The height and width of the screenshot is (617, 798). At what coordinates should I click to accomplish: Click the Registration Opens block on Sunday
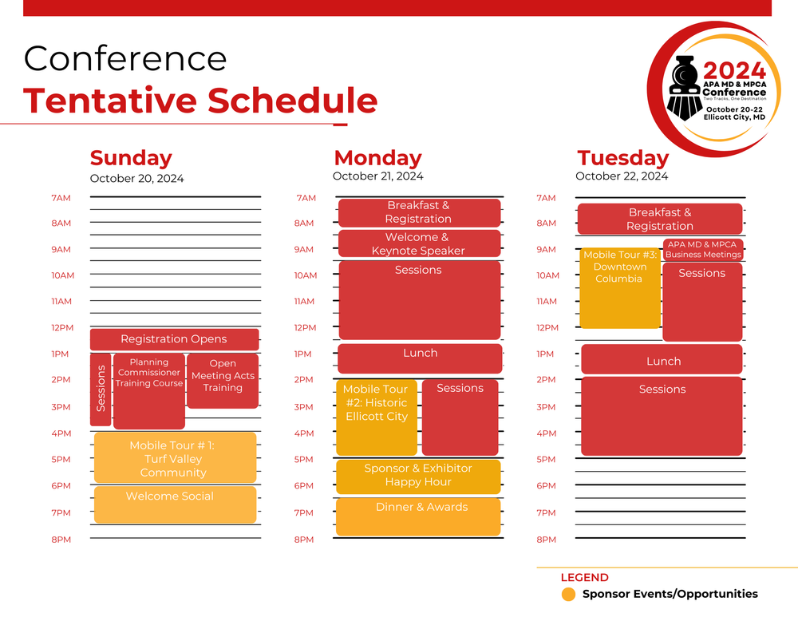pyautogui.click(x=174, y=339)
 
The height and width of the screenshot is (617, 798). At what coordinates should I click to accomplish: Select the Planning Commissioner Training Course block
pyautogui.click(x=149, y=391)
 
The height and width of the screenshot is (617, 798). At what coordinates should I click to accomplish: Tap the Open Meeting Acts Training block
pyautogui.click(x=223, y=381)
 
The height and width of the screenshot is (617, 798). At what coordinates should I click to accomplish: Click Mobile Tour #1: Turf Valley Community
pyautogui.click(x=175, y=458)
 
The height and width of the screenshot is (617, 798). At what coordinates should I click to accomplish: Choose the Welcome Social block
pyautogui.click(x=175, y=504)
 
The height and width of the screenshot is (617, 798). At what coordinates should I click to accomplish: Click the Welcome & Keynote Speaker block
pyautogui.click(x=419, y=243)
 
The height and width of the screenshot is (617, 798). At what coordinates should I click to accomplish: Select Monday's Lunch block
pyautogui.click(x=420, y=358)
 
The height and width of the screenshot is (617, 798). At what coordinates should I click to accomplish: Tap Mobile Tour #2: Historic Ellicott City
pyautogui.click(x=376, y=417)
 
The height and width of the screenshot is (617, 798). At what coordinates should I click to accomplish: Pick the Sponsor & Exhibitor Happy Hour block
pyautogui.click(x=418, y=476)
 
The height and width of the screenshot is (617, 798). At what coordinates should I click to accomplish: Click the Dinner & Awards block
pyautogui.click(x=418, y=516)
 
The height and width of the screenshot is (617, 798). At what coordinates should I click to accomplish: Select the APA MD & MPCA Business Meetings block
pyautogui.click(x=703, y=250)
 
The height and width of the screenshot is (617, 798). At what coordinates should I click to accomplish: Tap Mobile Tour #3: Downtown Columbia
pyautogui.click(x=620, y=288)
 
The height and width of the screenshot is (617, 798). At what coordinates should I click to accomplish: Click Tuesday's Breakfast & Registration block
pyautogui.click(x=659, y=220)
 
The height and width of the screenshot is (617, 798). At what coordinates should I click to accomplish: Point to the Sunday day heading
pyautogui.click(x=131, y=158)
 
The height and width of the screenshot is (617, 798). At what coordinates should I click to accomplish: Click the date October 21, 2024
pyautogui.click(x=377, y=176)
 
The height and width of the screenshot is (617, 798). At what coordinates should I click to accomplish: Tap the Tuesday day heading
pyautogui.click(x=622, y=158)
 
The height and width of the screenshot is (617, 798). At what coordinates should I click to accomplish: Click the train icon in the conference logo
pyautogui.click(x=684, y=87)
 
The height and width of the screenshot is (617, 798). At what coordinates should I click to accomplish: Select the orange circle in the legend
pyautogui.click(x=568, y=594)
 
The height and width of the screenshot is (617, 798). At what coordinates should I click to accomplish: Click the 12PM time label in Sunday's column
pyautogui.click(x=61, y=328)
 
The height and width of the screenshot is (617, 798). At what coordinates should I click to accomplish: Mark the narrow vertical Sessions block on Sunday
pyautogui.click(x=101, y=389)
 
